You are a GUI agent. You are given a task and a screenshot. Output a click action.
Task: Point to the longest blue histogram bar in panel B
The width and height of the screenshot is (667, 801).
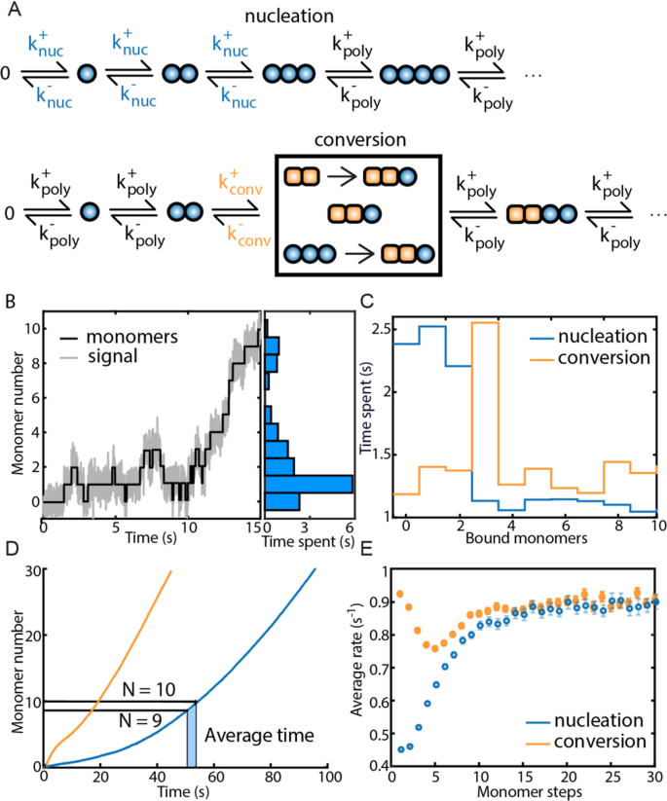(x=309, y=484)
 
